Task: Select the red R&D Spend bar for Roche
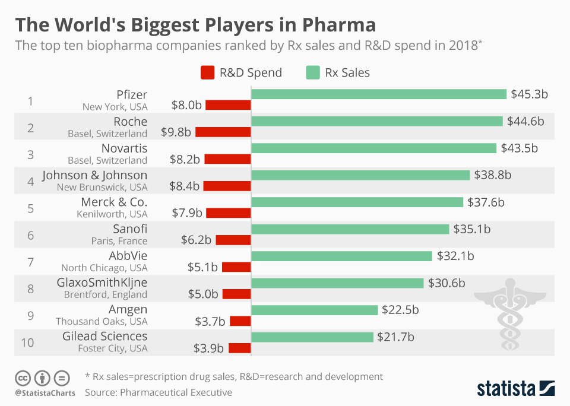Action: click(x=223, y=132)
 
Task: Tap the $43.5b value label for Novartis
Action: click(x=518, y=148)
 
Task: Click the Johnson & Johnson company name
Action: click(x=94, y=175)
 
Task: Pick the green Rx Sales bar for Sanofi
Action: click(x=350, y=229)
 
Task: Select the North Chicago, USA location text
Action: click(x=104, y=268)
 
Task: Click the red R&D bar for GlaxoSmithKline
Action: click(x=236, y=294)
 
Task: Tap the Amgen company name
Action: click(x=128, y=309)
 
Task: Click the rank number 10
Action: click(x=27, y=342)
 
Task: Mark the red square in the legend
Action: click(x=207, y=73)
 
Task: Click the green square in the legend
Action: click(x=313, y=73)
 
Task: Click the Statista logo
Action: click(x=515, y=389)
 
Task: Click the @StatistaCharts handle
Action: click(x=44, y=393)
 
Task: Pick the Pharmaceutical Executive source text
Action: click(x=176, y=392)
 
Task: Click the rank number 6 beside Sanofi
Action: click(x=30, y=235)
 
